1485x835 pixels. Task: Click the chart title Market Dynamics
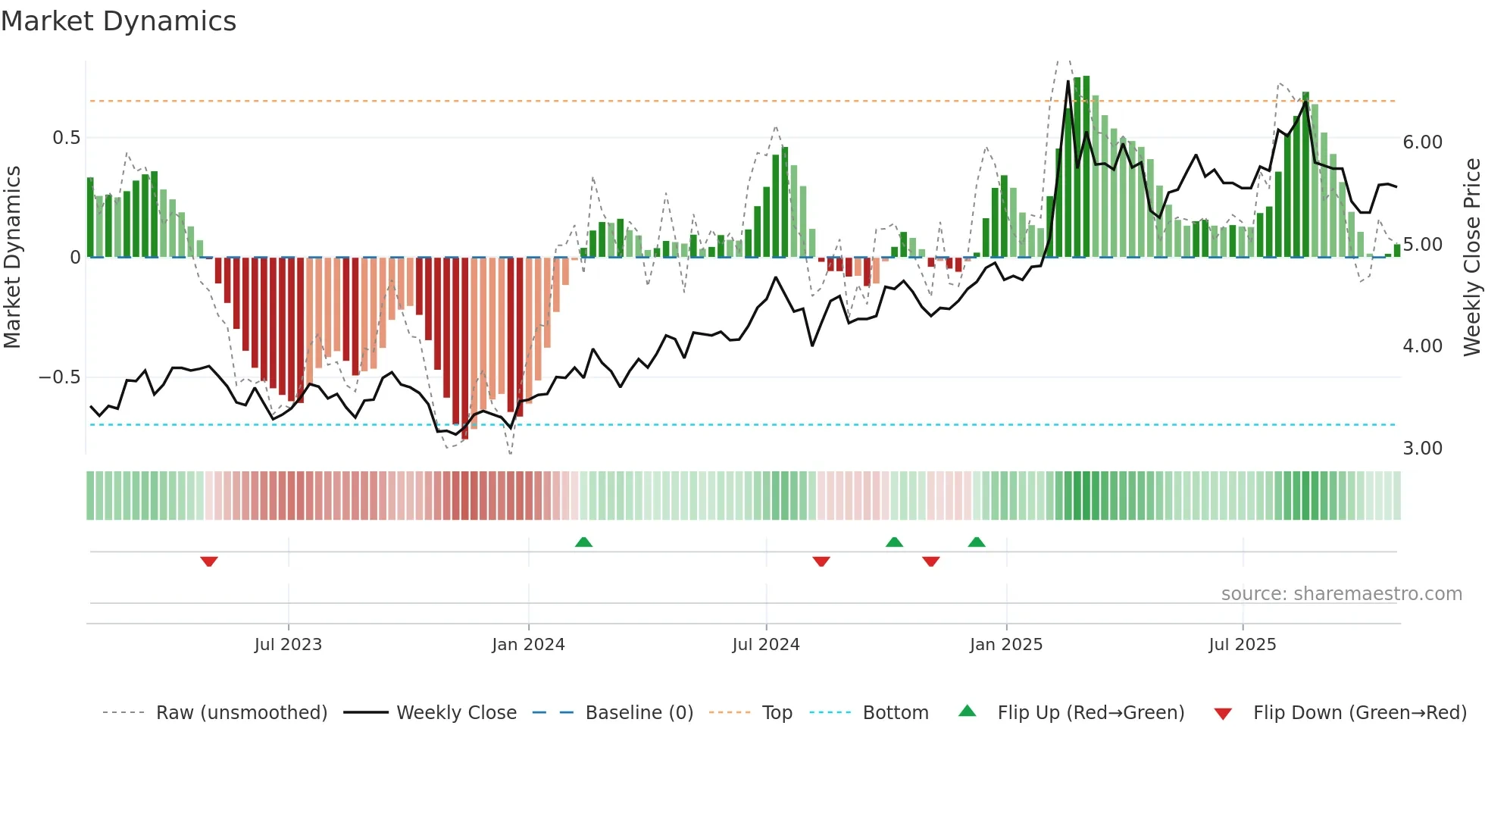coord(118,21)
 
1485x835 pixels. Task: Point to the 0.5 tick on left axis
coord(66,138)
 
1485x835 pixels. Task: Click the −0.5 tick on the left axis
coord(60,377)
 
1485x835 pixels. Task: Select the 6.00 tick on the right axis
coord(1422,142)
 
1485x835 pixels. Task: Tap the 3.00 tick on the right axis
coord(1422,449)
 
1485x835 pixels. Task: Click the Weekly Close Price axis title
coord(1471,258)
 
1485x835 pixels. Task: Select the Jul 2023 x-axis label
coord(288,645)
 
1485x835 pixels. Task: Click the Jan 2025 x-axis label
coord(1005,645)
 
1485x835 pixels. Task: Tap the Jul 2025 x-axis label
coord(1242,645)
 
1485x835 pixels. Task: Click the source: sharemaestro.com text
coord(1341,594)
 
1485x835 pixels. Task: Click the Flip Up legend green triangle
coord(968,711)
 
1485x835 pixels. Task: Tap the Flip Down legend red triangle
coord(1223,714)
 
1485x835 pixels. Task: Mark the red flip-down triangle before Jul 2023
coord(209,561)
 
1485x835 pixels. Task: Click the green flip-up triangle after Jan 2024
coord(583,543)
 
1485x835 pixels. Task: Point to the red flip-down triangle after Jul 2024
coord(821,561)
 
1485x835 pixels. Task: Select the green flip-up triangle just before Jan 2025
coord(977,543)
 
